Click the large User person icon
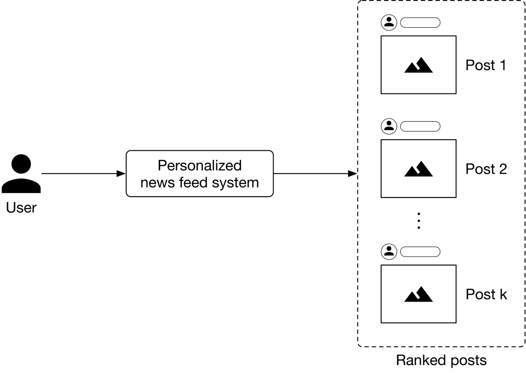coord(21,174)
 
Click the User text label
coord(21,207)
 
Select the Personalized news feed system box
coord(199,174)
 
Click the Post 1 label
coord(486,65)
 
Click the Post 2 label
coord(486,169)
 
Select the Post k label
coord(486,295)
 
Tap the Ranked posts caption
coord(441,360)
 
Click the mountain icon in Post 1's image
coord(418,65)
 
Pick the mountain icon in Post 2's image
coord(418,169)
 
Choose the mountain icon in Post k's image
coord(418,294)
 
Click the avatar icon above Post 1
coord(389,22)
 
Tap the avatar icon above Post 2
coord(389,126)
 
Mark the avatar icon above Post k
coord(389,251)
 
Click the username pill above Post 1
coord(420,22)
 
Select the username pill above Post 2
coord(420,126)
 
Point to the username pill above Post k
coord(420,251)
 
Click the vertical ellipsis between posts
coord(418,220)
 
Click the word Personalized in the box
coord(199,165)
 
